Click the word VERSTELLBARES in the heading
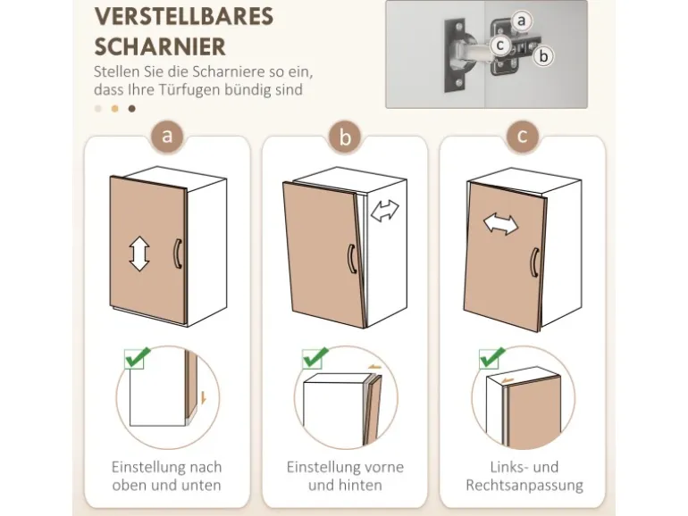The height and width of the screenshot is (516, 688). pyautogui.click(x=184, y=17)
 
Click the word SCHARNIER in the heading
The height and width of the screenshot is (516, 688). pyautogui.click(x=160, y=47)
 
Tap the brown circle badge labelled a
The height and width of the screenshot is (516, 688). pyautogui.click(x=167, y=137)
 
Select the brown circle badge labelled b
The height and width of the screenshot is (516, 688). pyautogui.click(x=345, y=137)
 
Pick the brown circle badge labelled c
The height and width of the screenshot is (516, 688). pyautogui.click(x=522, y=137)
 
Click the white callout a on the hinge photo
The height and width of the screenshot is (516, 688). pyautogui.click(x=521, y=21)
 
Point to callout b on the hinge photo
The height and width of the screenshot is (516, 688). pyautogui.click(x=543, y=56)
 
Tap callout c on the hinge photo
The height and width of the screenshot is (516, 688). pyautogui.click(x=499, y=46)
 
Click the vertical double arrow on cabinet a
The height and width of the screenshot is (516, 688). pyautogui.click(x=139, y=254)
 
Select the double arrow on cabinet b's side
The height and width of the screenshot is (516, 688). pyautogui.click(x=385, y=211)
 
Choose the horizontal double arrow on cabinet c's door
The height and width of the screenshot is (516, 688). pyautogui.click(x=500, y=224)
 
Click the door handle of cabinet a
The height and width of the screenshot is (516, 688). pyautogui.click(x=177, y=254)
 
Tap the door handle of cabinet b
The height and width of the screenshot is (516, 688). pyautogui.click(x=352, y=259)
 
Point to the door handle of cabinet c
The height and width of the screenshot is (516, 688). pyautogui.click(x=534, y=262)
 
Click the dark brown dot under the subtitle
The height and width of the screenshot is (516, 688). pyautogui.click(x=131, y=109)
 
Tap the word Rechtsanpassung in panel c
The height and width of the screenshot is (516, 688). pyautogui.click(x=524, y=486)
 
